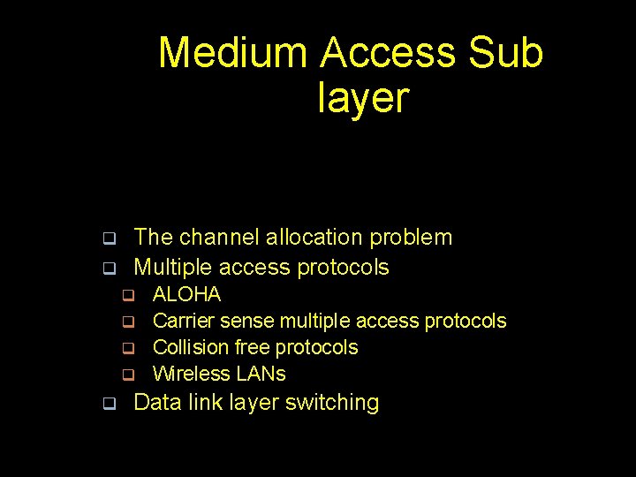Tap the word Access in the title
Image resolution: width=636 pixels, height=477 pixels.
tap(389, 53)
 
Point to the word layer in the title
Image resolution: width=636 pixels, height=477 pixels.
tap(363, 97)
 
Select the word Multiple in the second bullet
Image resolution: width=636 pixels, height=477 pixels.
tap(173, 267)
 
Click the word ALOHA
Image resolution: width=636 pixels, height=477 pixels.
tap(186, 294)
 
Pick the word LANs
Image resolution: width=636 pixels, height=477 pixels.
tap(258, 374)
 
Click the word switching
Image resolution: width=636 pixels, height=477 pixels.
tap(337, 403)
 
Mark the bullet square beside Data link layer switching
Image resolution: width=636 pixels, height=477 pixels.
tap(109, 405)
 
